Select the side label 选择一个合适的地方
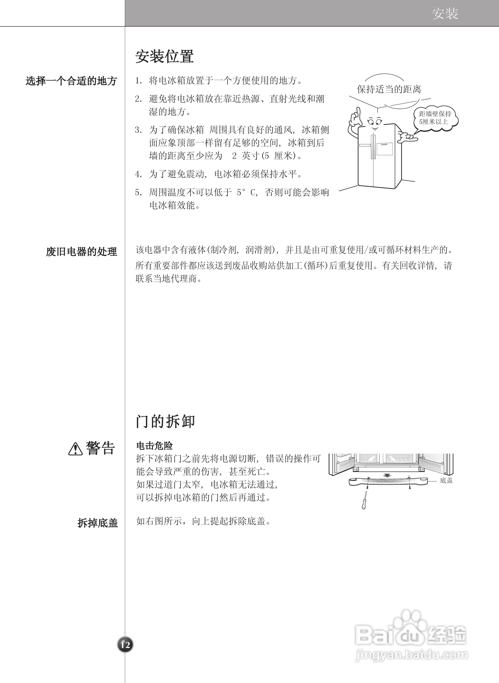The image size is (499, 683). tap(71, 81)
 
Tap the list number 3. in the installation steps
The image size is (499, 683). tap(138, 130)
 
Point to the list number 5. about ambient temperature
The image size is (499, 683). tap(138, 193)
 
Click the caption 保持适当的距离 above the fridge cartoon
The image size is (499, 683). tap(389, 89)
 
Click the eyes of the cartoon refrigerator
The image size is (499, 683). tap(375, 122)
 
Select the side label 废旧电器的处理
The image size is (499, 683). tap(82, 252)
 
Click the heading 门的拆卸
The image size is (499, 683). tap(166, 421)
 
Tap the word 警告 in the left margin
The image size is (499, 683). tap(100, 448)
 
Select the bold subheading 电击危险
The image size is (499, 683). tap(154, 446)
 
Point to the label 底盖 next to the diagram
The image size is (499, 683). tap(446, 480)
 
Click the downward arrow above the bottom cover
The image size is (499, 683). tap(387, 475)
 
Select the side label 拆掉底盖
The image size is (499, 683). tap(98, 523)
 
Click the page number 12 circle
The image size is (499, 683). tap(125, 645)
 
